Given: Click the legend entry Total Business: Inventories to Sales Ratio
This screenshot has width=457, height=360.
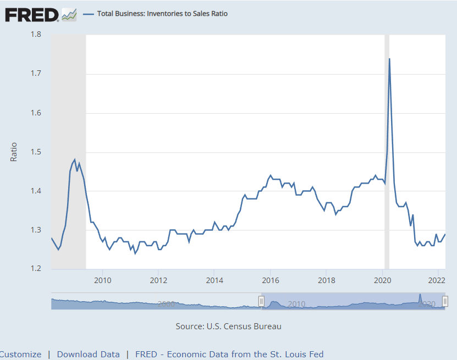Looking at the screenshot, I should (162, 14).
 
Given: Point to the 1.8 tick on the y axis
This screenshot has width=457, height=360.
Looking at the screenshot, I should (36, 35).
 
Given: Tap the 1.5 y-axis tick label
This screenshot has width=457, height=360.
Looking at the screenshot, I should (36, 152).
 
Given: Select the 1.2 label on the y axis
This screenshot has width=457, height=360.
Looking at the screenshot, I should (36, 269).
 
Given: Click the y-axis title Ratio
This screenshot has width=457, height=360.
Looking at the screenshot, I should (14, 152).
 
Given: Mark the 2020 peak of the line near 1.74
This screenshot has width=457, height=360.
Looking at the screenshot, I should (389, 59).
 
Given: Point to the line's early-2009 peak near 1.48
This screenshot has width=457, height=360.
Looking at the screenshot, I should (74, 160).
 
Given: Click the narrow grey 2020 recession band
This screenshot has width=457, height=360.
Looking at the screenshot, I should (387, 165).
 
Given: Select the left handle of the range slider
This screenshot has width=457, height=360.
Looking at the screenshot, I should (262, 301).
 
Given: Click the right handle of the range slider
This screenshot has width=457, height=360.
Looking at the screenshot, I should (445, 301).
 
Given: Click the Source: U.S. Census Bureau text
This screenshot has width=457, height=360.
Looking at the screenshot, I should (228, 326).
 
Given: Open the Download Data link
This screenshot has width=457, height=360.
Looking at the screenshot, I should (88, 355).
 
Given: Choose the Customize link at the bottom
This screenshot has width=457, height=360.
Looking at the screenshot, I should (20, 355).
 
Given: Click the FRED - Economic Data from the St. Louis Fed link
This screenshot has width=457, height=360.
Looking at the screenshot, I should (229, 355).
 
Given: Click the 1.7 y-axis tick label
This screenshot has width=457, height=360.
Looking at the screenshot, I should (36, 74).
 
